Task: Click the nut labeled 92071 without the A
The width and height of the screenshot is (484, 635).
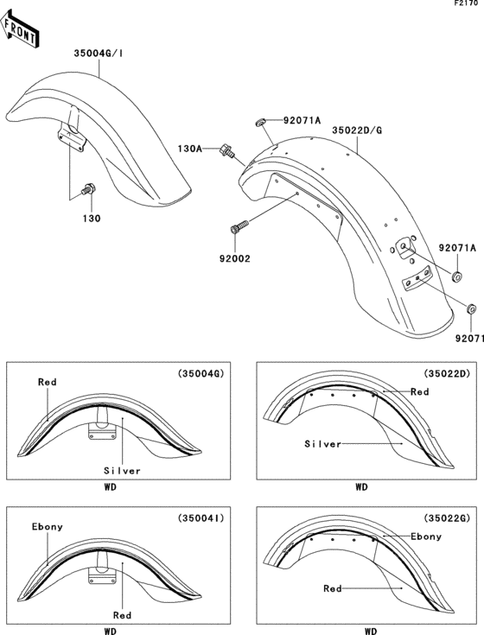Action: coord(471,308)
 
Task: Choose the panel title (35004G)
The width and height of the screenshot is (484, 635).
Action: coord(201,374)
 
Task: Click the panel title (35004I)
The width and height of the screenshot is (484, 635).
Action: coord(201,519)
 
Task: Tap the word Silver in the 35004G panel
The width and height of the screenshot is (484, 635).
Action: coord(123,471)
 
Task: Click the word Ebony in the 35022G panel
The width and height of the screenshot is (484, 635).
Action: coord(426,537)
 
